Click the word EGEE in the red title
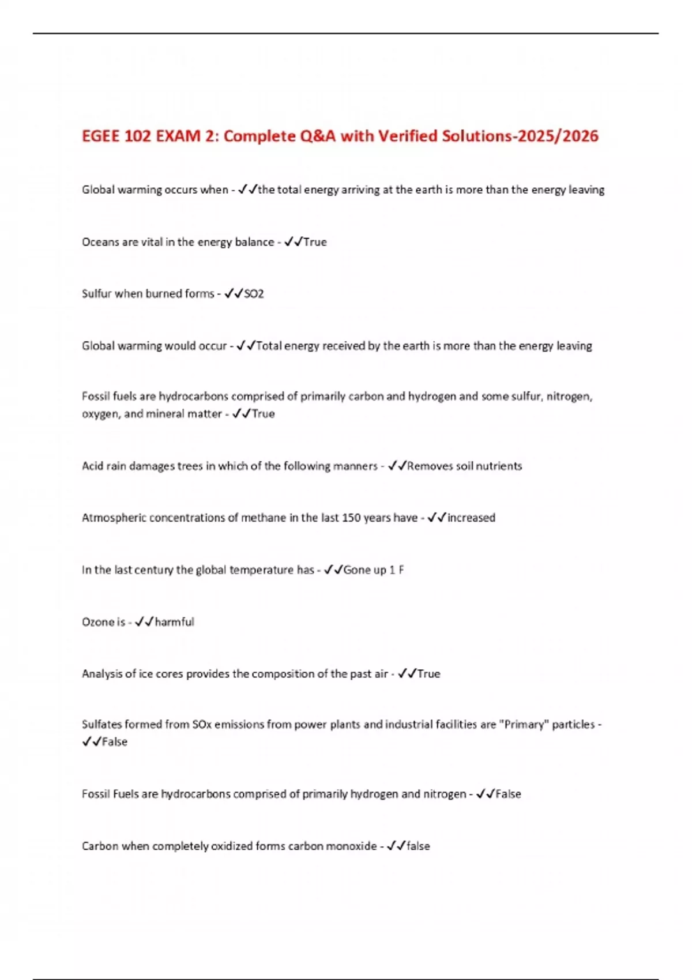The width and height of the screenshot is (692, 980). coord(101,136)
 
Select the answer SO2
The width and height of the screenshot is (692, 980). coord(254,294)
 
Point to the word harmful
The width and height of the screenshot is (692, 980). coord(175,622)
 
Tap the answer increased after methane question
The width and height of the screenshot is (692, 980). coord(471,518)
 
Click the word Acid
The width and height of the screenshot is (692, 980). coord(92,466)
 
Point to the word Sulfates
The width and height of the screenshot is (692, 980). coord(101,725)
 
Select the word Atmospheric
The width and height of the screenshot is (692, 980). coord(114,518)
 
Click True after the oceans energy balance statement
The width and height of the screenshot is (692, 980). coord(315,242)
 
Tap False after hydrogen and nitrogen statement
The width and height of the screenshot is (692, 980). coord(508,794)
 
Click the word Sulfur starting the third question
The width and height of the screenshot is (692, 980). coord(97,294)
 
